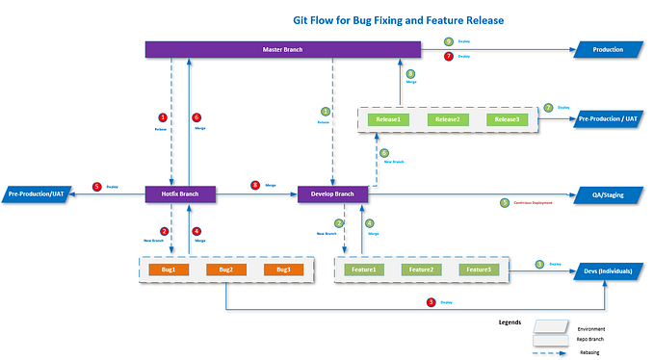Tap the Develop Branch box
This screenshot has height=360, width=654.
pos(333,194)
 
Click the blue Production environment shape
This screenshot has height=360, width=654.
pos(607,49)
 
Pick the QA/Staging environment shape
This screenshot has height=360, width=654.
pos(607,194)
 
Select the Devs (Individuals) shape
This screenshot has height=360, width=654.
pos(607,270)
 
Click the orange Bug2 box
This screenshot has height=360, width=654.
pos(226,270)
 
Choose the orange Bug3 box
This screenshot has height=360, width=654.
pos(283,270)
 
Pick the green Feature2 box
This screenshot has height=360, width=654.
pos(421,270)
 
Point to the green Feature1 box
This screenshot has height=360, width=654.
pos(363,270)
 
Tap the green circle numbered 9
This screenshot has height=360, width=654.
pos(449,42)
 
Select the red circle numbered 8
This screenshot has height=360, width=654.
pos(255,185)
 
